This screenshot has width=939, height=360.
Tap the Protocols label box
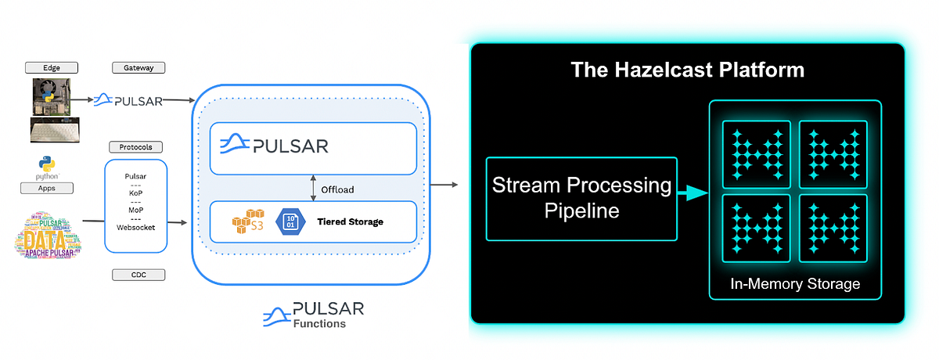click(x=136, y=146)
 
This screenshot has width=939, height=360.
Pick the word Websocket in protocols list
click(x=136, y=228)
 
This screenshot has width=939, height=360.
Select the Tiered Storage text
click(x=351, y=221)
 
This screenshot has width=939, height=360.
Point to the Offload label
click(x=337, y=189)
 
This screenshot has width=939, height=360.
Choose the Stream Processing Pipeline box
click(x=581, y=199)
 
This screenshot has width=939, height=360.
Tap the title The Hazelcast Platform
click(x=687, y=70)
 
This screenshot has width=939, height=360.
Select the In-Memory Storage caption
click(x=794, y=283)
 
